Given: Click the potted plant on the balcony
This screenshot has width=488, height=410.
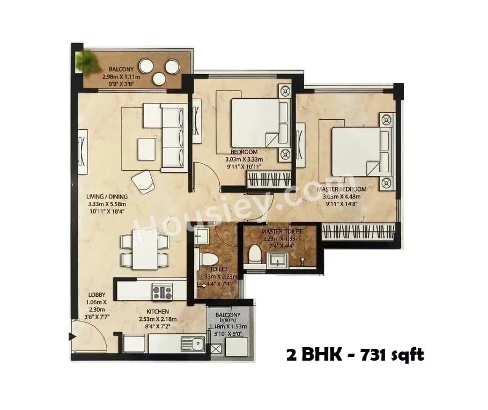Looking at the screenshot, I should pos(84,60).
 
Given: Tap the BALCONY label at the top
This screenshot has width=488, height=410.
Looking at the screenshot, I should pos(118,69).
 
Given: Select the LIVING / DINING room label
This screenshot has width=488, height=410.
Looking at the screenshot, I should pos(107,196).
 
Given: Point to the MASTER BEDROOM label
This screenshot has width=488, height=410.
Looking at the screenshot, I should pos(341,189).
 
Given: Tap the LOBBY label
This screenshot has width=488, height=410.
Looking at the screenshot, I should pos(98,295).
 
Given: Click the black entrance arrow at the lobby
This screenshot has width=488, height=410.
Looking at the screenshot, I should pos(72,337).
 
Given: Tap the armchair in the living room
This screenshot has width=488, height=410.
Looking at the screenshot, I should pos(143,181).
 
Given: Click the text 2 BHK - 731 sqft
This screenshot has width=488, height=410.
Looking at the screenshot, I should pos(355,355).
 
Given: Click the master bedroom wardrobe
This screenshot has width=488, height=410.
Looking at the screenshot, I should pos(358,232).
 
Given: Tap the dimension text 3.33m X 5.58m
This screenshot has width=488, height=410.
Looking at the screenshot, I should pos(107,204).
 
